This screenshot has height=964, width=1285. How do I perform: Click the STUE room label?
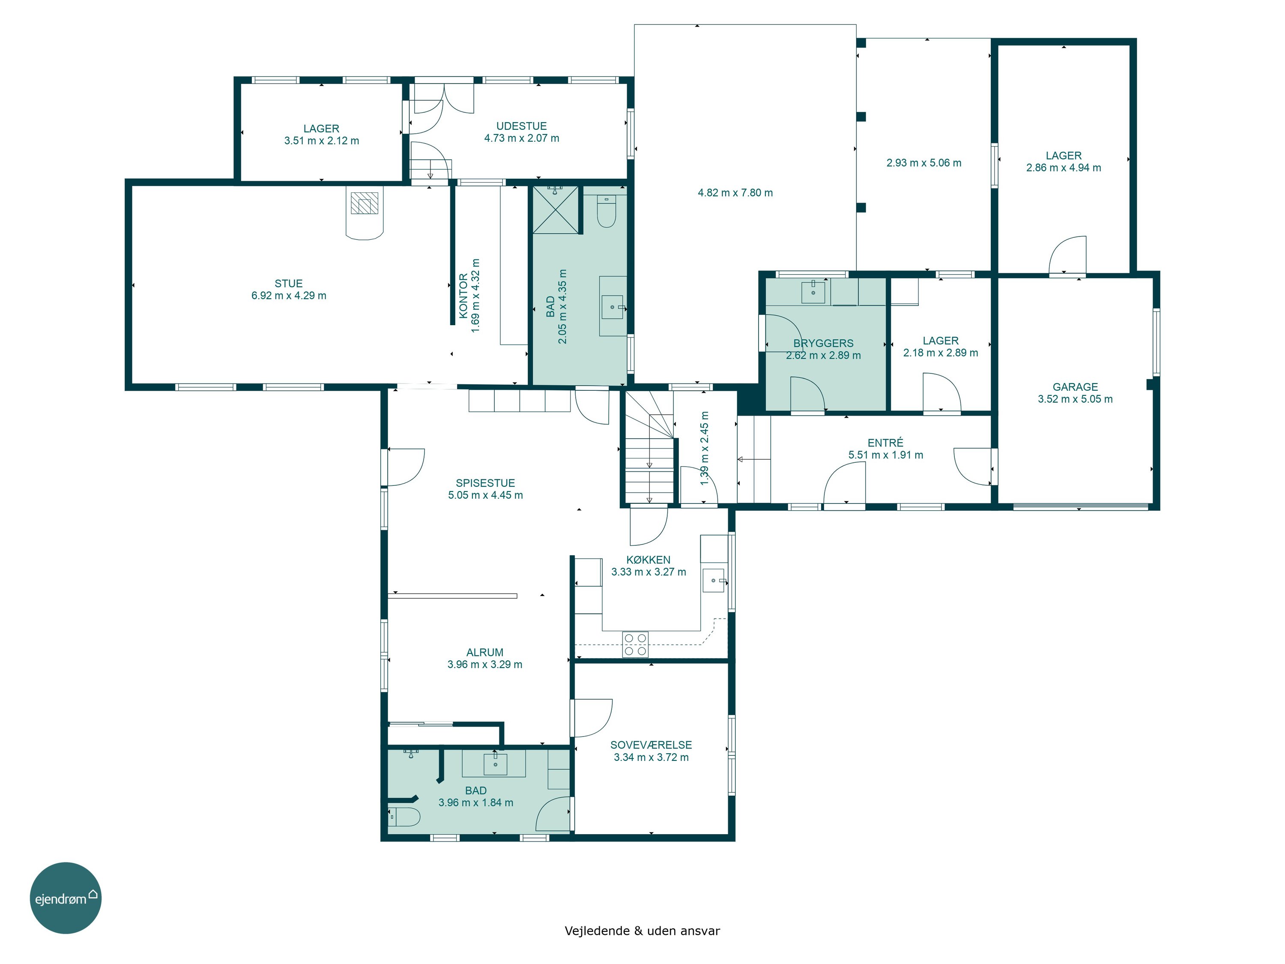[289, 284]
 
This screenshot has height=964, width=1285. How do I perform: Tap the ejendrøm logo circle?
[66, 898]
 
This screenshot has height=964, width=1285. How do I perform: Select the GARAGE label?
[1075, 387]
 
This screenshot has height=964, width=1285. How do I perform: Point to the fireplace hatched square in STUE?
[364, 203]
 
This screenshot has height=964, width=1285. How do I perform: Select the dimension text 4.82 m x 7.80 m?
[735, 193]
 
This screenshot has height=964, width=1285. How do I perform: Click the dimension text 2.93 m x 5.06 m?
[923, 163]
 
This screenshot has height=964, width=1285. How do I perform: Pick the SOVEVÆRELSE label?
[651, 745]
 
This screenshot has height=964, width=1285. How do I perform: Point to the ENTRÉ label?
[885, 443]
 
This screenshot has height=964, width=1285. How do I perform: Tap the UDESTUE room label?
[522, 126]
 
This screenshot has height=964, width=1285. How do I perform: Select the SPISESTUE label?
[486, 483]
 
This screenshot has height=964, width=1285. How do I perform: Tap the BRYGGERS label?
[823, 344]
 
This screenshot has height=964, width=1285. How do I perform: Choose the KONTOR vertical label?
[463, 296]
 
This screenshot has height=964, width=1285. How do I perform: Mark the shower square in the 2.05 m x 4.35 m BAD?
[556, 210]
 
